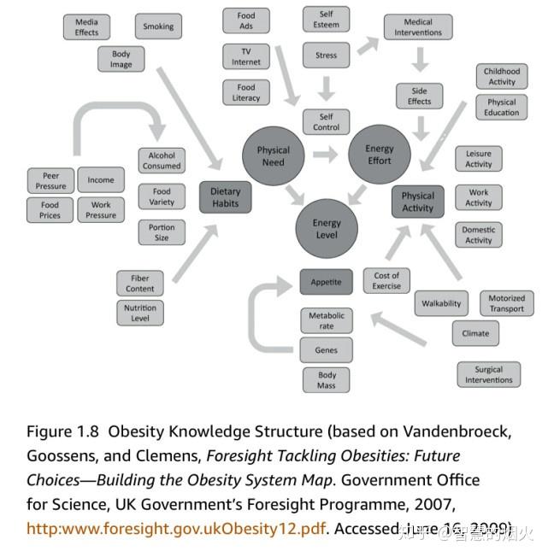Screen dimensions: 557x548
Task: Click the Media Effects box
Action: (86, 27)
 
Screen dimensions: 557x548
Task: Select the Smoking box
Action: (158, 26)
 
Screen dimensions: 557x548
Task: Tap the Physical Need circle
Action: (274, 155)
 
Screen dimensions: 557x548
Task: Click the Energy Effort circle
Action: (380, 155)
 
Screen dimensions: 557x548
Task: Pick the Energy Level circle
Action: (327, 228)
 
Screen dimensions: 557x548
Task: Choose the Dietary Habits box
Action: (227, 197)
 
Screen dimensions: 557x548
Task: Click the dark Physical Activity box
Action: (418, 202)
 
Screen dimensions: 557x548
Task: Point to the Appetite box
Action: (326, 282)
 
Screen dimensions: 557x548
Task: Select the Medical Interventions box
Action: (418, 27)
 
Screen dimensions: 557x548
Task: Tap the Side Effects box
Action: (419, 96)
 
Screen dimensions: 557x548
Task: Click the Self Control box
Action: (327, 122)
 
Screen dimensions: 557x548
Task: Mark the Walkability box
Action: (441, 303)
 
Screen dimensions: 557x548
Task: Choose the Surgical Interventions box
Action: (489, 375)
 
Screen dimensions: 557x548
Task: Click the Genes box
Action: (326, 350)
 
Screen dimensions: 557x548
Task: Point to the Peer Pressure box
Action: (50, 180)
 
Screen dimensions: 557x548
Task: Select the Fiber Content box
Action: (140, 284)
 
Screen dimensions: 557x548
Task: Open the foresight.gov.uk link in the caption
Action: (176, 529)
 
